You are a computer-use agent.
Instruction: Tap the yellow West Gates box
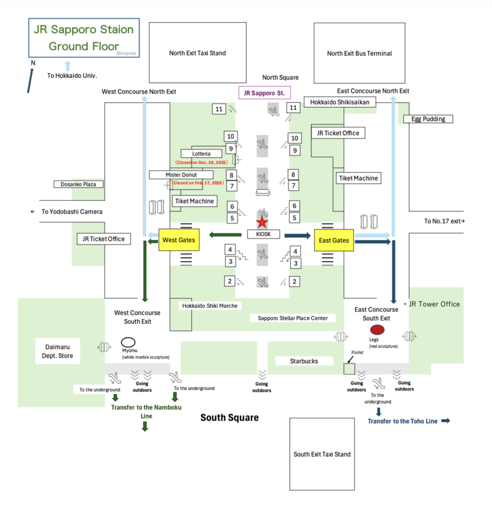pyautogui.click(x=180, y=240)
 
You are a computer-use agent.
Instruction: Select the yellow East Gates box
pyautogui.click(x=335, y=240)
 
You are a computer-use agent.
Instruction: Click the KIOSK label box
pyautogui.click(x=263, y=234)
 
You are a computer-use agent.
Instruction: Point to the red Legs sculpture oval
pyautogui.click(x=377, y=330)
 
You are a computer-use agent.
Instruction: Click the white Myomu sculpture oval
pyautogui.click(x=128, y=343)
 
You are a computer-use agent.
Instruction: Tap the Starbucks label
pyautogui.click(x=304, y=361)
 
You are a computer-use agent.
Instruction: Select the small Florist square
pyautogui.click(x=349, y=369)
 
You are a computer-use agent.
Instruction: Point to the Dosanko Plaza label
pyautogui.click(x=78, y=184)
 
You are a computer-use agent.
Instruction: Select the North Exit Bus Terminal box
pyautogui.click(x=359, y=53)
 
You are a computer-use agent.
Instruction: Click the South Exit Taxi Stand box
pyautogui.click(x=322, y=454)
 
